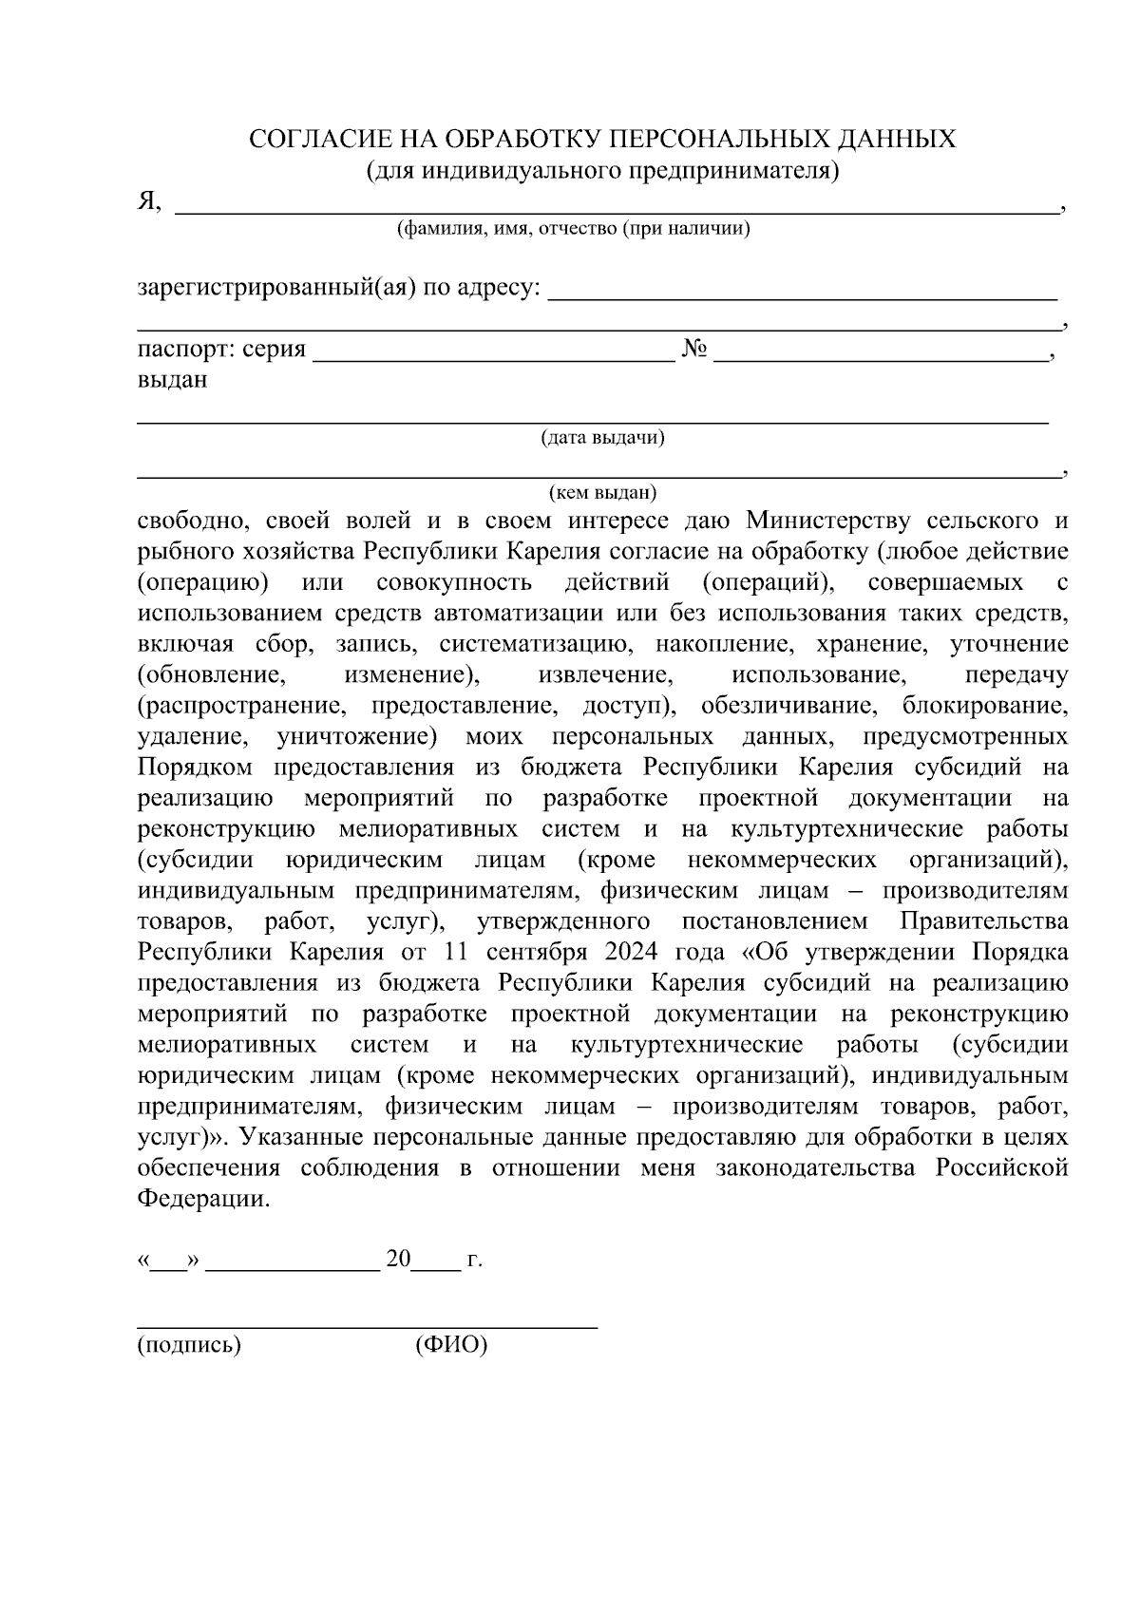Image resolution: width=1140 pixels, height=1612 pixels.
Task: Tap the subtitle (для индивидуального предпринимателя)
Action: pos(602,170)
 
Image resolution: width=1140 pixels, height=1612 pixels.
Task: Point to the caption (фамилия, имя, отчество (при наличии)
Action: pos(573,230)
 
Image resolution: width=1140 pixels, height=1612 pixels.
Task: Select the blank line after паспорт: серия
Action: pos(493,357)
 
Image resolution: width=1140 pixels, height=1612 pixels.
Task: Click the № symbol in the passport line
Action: pos(694,350)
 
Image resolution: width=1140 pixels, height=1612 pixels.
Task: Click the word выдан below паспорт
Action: pos(172,380)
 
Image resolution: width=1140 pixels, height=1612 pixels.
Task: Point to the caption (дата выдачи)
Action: pos(602,438)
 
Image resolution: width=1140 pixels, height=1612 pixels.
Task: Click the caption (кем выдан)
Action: pos(602,493)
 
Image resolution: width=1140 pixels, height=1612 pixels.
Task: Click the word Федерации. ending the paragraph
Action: pos(203,1200)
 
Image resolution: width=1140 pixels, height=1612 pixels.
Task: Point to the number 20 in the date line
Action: pos(398,1261)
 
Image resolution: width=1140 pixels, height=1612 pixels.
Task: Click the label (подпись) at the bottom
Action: pos(189,1346)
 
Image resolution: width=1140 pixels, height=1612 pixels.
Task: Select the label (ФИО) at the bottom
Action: pos(451,1346)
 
